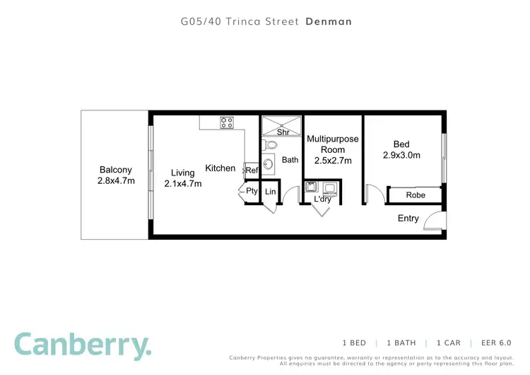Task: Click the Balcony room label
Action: click(116, 170)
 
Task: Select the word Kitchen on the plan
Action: click(220, 168)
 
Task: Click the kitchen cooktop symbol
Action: click(227, 122)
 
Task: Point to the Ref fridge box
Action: click(252, 170)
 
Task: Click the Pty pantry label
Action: click(251, 191)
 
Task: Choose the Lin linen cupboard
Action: click(270, 192)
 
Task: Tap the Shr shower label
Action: click(283, 132)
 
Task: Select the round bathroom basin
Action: click(269, 164)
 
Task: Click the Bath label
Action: click(290, 160)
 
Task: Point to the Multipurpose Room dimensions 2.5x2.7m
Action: click(332, 161)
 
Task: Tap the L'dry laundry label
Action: click(322, 200)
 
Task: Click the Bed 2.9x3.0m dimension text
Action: click(401, 156)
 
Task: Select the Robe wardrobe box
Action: click(415, 195)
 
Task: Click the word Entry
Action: click(408, 219)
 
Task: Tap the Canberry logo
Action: click(83, 345)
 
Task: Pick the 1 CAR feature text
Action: click(449, 342)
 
